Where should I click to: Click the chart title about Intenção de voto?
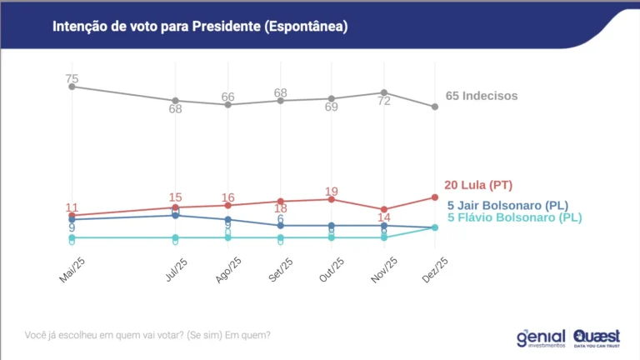coord(200,27)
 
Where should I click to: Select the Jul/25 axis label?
coord(176,270)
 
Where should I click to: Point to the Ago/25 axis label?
coord(228,270)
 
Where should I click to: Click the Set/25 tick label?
coord(280,270)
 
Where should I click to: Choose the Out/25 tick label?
coord(332,270)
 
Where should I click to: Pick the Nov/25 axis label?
coord(383,270)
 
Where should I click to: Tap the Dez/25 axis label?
coord(435,270)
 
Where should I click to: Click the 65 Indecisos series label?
coord(482,96)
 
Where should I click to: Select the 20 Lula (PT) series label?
coord(477,185)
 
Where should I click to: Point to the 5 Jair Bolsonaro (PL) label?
coord(508,205)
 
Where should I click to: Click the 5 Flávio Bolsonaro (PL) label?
coord(514,217)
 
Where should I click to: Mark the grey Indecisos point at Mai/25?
coord(72,87)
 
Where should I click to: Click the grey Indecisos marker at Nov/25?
coord(383,92)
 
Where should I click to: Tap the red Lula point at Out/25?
coord(332,199)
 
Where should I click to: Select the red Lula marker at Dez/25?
coord(435,197)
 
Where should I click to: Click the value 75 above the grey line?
coord(72,78)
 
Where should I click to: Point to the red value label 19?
coord(331,191)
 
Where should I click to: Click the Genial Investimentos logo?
coord(541,336)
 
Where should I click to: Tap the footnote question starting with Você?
coord(147,336)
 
